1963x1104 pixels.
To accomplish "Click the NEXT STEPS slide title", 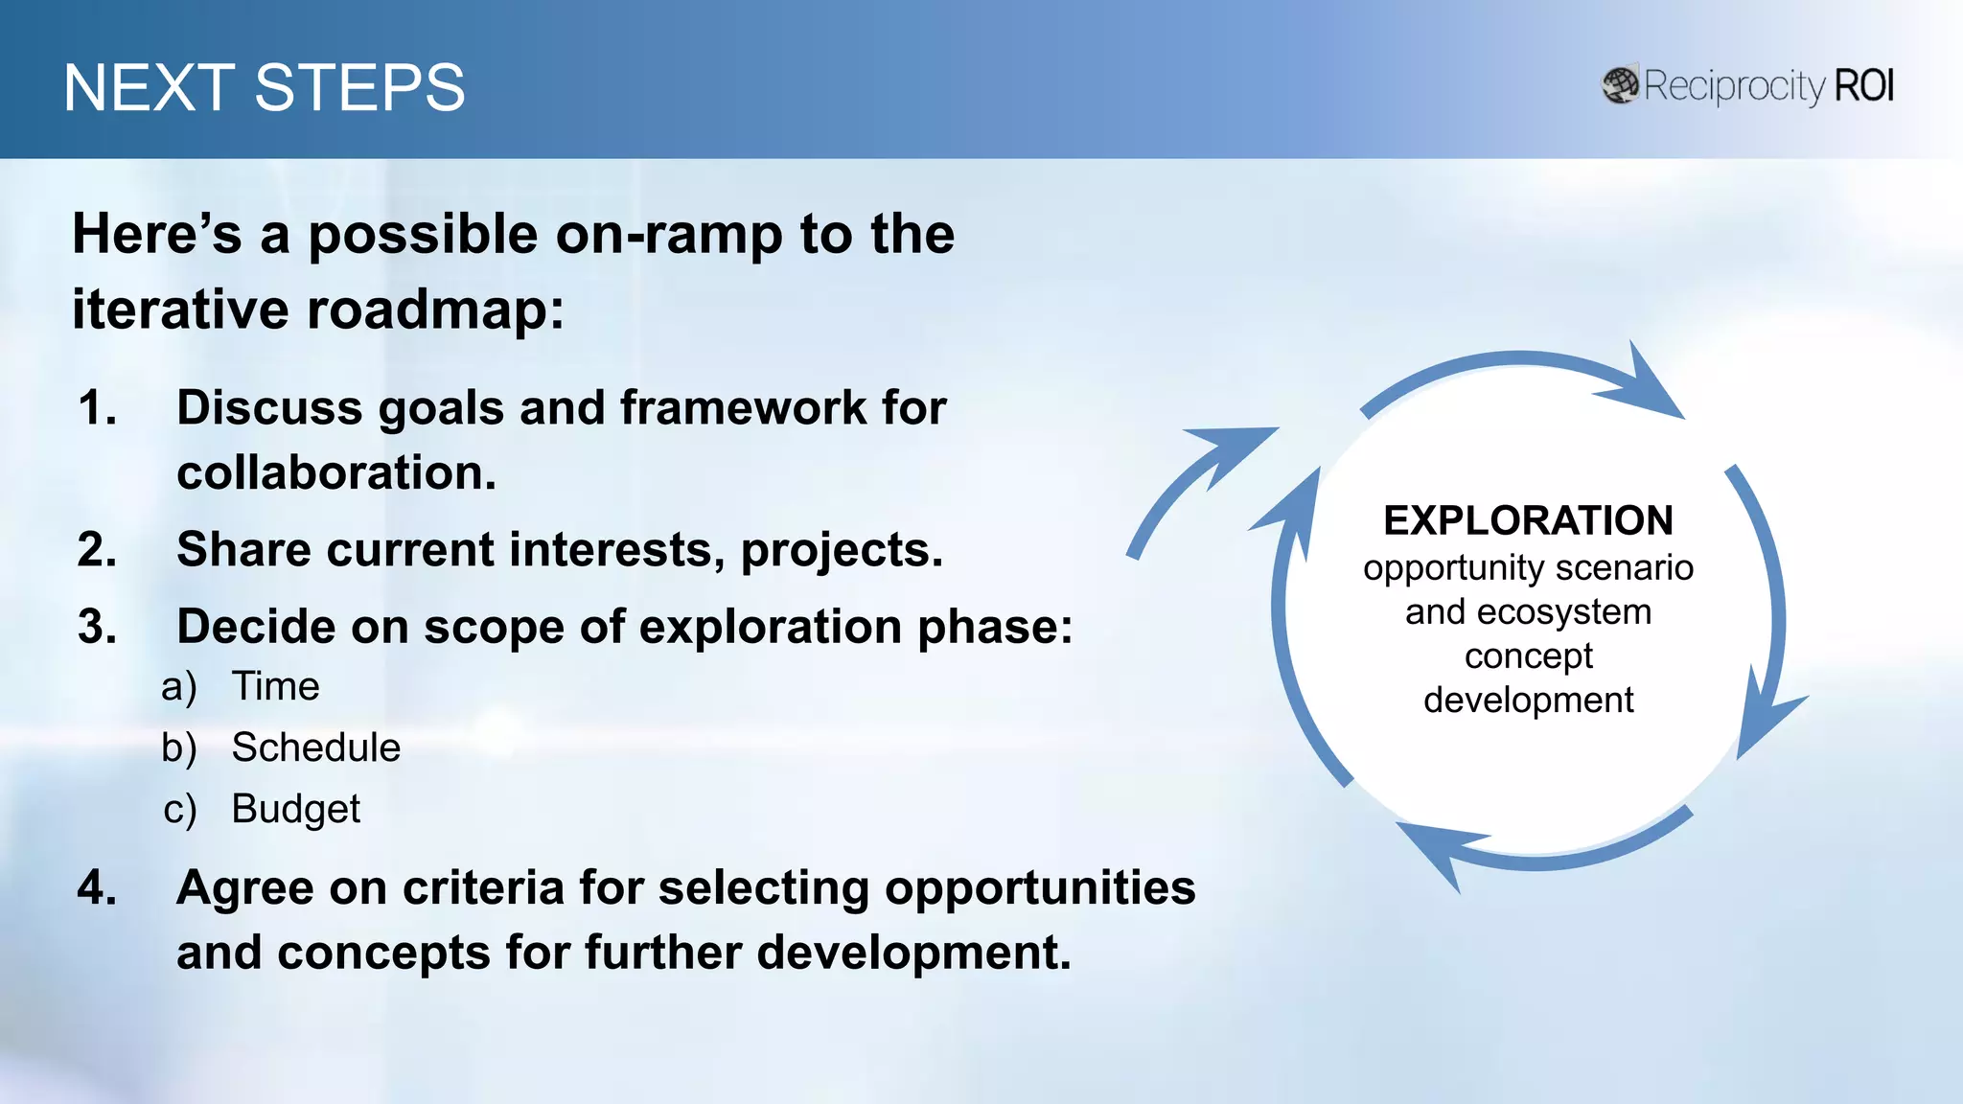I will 264,88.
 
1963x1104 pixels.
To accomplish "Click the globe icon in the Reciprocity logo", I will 1620,85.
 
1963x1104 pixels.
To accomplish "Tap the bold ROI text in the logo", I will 1863,86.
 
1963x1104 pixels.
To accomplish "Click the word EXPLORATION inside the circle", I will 1528,520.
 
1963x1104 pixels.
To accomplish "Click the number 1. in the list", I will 98,408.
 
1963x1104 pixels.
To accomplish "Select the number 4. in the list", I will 98,887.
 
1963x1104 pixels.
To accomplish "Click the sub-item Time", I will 275,687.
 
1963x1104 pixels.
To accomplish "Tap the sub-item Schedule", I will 315,747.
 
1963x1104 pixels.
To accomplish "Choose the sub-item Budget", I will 295,809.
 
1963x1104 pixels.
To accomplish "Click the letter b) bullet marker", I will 179,748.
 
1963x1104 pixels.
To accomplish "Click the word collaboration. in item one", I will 336,473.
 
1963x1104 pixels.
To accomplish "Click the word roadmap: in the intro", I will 435,310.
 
